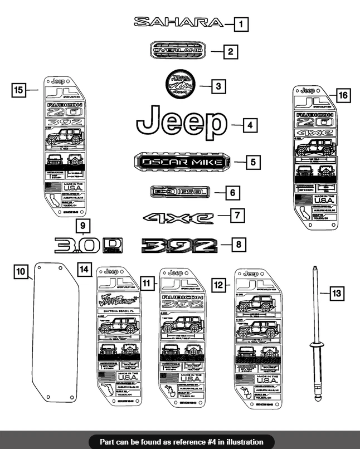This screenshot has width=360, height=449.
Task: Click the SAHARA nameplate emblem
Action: click(178, 22)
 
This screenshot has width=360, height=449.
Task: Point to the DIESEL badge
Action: click(180, 192)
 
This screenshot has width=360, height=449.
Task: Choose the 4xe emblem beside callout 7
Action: click(178, 217)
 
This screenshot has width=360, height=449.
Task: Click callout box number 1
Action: click(241, 25)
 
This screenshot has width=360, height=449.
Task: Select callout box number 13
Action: click(337, 292)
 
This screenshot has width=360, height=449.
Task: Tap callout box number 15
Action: click(19, 90)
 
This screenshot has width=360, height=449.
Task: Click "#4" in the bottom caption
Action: click(212, 442)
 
